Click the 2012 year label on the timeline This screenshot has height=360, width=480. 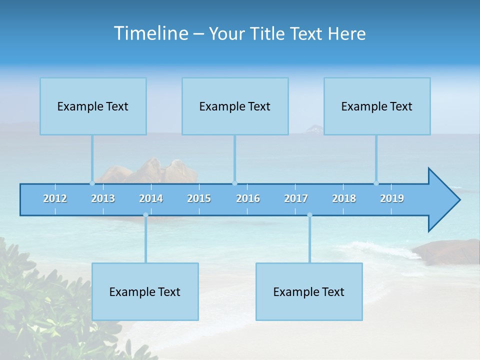point(55,198)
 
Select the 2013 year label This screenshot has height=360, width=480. point(103,198)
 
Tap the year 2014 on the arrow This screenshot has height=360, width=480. point(151,198)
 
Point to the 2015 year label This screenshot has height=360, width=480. point(199,198)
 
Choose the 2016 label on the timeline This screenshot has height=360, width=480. point(248,198)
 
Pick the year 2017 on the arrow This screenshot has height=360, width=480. point(296,198)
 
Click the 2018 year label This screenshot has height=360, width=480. point(344,198)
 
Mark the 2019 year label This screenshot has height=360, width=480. point(392,198)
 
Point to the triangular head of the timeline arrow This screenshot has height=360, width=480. point(442,200)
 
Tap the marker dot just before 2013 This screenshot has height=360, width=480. point(92,183)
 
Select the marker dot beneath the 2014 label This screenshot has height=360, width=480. point(145,215)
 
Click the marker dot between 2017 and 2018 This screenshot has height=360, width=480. point(309,215)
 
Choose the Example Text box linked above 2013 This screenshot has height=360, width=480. point(93,106)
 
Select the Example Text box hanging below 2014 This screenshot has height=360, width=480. point(145,291)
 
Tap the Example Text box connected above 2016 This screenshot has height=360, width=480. point(235,106)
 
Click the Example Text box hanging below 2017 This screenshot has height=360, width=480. point(309,291)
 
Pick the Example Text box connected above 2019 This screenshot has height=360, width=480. point(377,106)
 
